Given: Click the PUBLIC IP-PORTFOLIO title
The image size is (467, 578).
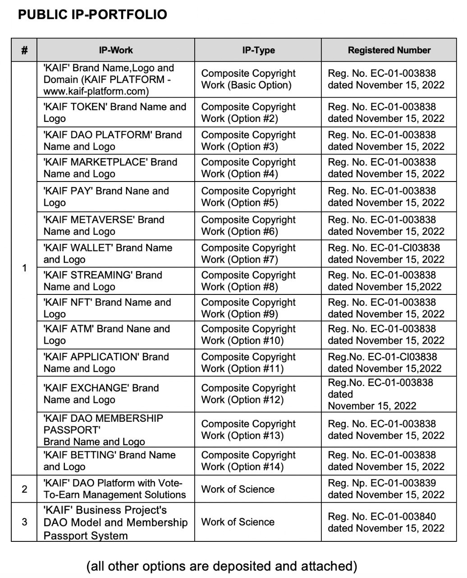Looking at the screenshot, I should (92, 15).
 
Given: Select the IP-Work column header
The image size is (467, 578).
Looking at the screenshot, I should (116, 50).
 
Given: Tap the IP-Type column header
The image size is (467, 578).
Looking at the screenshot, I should (258, 50).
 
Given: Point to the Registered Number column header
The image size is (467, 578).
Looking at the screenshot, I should (389, 50).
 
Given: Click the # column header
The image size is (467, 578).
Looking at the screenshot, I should (24, 50).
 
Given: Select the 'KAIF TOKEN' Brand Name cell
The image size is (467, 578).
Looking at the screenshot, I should (114, 112).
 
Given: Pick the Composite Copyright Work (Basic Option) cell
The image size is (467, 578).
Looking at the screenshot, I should (248, 79).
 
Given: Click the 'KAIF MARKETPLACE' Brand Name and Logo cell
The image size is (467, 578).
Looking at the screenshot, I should (110, 168).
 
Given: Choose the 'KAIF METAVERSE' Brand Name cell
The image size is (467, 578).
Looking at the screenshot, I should (104, 225).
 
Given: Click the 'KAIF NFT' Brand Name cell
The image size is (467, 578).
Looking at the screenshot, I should (107, 308).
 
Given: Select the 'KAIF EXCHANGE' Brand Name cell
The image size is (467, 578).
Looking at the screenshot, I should (101, 394).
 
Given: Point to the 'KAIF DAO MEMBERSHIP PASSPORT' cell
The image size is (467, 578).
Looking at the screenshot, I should (103, 429).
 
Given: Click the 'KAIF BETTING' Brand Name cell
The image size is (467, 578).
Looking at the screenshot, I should (110, 461).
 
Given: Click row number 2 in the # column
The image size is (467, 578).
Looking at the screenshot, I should (24, 489).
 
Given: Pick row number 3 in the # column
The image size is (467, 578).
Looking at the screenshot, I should (24, 522).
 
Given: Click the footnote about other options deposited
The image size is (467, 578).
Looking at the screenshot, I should (221, 566).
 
